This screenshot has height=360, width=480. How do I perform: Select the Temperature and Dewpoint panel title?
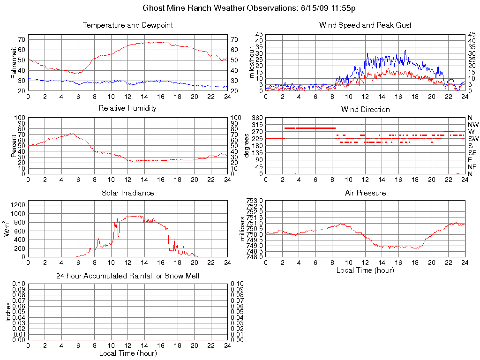tap(127, 25)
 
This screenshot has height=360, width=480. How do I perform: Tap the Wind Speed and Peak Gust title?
tap(365, 25)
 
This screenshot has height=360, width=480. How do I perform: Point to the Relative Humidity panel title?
tap(127, 108)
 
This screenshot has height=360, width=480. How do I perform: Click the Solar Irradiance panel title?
tap(127, 193)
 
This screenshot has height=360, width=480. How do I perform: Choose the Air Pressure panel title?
tap(365, 193)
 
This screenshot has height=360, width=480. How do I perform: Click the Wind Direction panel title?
tap(365, 109)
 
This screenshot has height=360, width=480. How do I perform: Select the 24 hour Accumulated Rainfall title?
tap(127, 276)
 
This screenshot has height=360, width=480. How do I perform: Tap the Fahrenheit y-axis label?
tap(15, 62)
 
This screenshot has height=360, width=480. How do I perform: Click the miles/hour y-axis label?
tap(252, 62)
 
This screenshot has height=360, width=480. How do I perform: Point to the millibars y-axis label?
tap(243, 228)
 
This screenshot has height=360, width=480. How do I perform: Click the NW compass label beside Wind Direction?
tap(473, 125)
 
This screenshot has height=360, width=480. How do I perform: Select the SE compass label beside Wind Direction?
tap(472, 153)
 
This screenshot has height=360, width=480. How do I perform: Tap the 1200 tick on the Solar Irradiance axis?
tap(18, 205)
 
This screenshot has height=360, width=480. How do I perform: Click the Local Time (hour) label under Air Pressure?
tap(365, 270)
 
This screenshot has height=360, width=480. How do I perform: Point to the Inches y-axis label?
tap(8, 312)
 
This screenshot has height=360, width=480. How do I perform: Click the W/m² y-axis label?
tap(7, 228)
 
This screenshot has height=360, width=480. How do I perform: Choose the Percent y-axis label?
tap(15, 146)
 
